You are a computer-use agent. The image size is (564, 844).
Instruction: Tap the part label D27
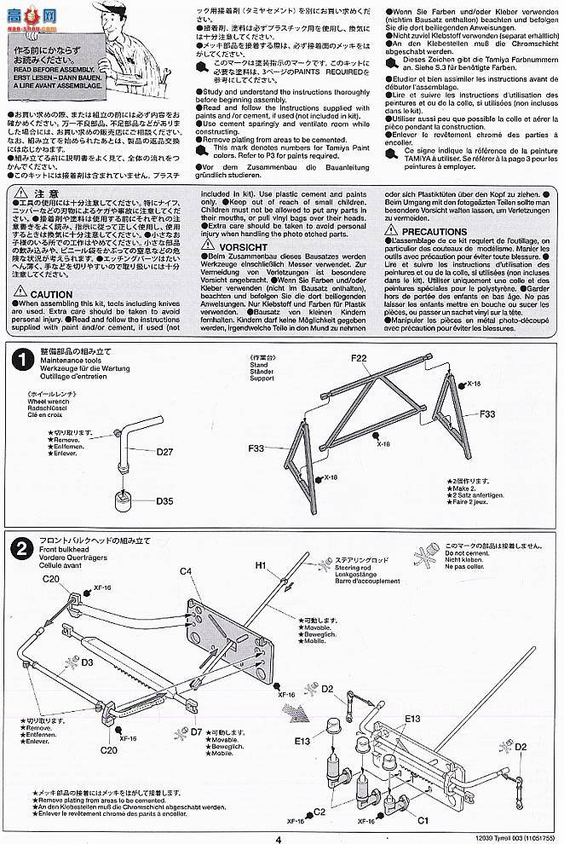[x=165, y=453]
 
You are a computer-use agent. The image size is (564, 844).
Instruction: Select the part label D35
[x=165, y=501]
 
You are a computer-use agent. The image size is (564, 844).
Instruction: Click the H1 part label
[x=261, y=564]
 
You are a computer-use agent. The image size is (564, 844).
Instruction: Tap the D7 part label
[x=195, y=731]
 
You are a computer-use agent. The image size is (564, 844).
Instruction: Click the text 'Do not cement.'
[x=464, y=554]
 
